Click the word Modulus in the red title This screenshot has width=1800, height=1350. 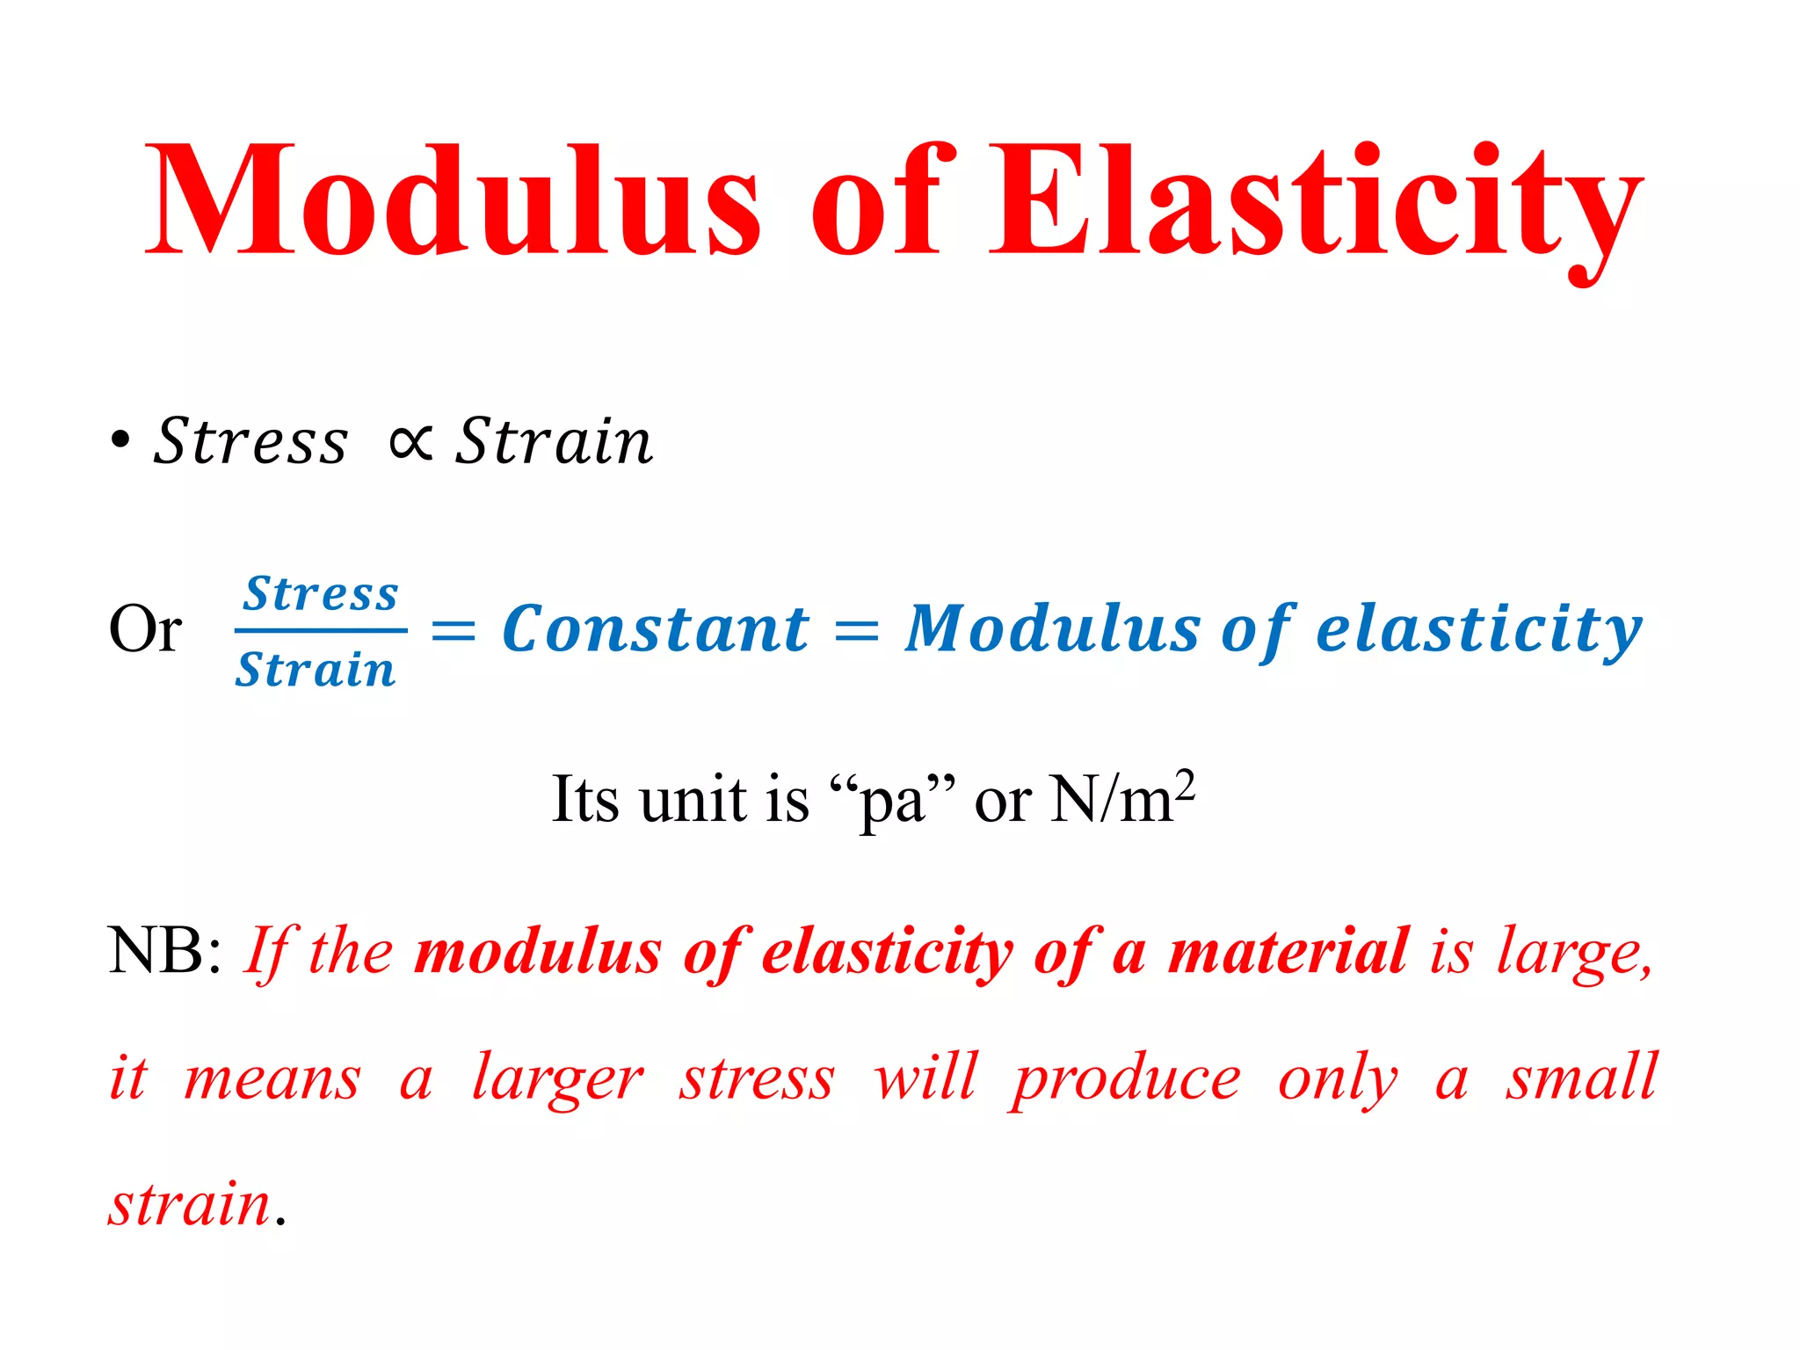453,200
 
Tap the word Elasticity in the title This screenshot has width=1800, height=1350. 1315,204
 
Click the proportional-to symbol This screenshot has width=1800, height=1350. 410,441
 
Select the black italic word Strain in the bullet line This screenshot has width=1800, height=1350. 554,441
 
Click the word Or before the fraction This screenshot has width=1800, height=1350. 145,629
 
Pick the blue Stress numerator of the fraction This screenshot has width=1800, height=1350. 321,594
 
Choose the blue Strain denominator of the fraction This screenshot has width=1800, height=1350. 316,670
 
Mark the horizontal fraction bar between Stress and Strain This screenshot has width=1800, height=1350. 321,630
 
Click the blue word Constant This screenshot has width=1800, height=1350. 655,629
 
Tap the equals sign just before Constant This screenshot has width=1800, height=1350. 454,630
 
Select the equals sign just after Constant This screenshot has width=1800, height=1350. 857,630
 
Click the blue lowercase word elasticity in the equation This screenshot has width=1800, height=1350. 1478,629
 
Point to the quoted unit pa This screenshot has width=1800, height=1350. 891,800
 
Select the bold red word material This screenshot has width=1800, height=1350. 1288,951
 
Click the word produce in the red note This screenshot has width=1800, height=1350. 1126,1078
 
